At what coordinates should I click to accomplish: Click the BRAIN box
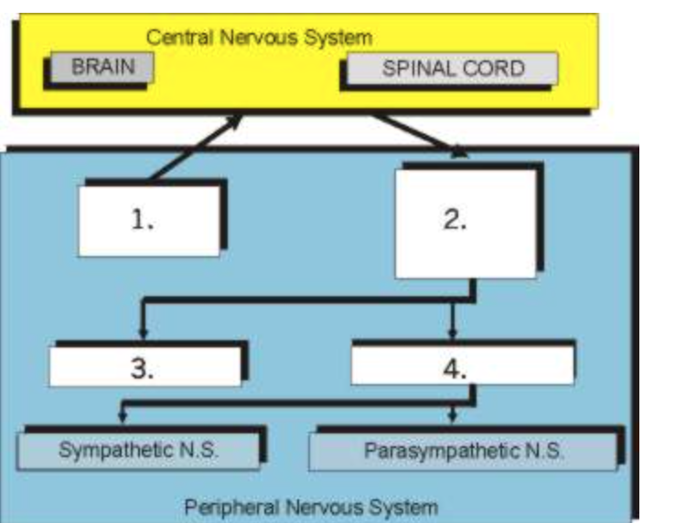pos(102,68)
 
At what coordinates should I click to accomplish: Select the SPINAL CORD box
pos(453,69)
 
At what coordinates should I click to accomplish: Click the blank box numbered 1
pos(149,220)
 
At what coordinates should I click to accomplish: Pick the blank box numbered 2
pos(465,223)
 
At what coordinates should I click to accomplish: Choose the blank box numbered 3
pos(145,368)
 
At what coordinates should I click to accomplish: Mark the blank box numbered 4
pos(463,368)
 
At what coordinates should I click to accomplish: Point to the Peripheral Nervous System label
pos(311,504)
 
